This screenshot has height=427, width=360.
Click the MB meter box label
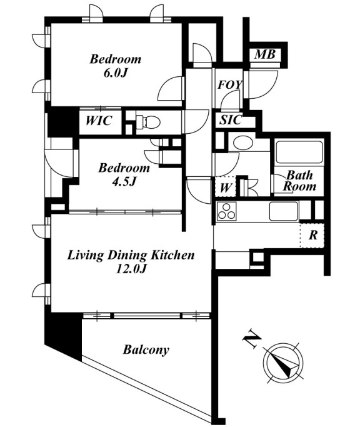click(x=265, y=54)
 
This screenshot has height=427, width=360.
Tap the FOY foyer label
click(x=229, y=84)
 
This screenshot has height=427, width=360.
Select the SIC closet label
click(x=231, y=120)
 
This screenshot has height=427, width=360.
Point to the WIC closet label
click(x=99, y=121)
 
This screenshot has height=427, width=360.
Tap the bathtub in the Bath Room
click(x=299, y=152)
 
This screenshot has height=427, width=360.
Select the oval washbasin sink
click(x=243, y=143)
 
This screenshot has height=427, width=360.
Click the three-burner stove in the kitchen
click(x=227, y=211)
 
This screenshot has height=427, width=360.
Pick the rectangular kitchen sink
click(x=284, y=211)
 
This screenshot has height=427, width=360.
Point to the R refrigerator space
click(x=312, y=235)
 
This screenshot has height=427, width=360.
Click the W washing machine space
click(x=225, y=187)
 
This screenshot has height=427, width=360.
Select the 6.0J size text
click(x=116, y=73)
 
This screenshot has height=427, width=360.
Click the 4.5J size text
click(x=124, y=182)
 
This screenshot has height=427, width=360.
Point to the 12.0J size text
click(x=131, y=269)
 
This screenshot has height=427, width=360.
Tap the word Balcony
click(x=146, y=349)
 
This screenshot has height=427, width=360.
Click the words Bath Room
click(x=299, y=181)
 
